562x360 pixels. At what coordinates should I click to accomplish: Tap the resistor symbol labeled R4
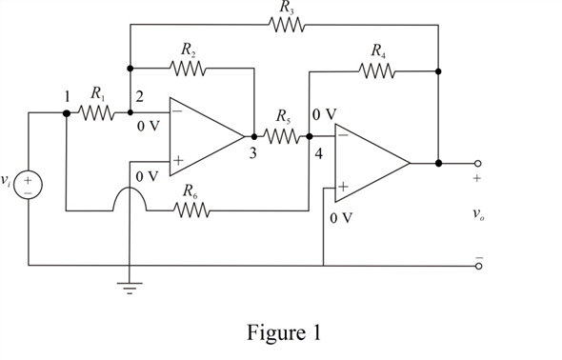(x=379, y=69)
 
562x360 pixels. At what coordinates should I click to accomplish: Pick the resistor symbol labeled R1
(x=96, y=112)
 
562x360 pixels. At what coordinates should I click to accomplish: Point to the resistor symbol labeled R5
(x=283, y=137)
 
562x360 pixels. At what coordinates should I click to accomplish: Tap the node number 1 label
(x=66, y=96)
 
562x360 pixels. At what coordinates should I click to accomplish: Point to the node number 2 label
(x=139, y=96)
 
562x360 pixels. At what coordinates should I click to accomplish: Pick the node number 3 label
(x=252, y=155)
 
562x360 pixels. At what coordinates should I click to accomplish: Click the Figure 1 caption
(x=281, y=334)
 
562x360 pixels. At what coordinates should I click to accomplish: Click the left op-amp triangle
(x=202, y=136)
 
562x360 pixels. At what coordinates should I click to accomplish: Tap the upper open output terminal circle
(x=478, y=163)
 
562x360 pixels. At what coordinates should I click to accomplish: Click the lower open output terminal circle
(x=478, y=266)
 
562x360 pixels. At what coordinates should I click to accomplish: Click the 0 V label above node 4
(x=324, y=114)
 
